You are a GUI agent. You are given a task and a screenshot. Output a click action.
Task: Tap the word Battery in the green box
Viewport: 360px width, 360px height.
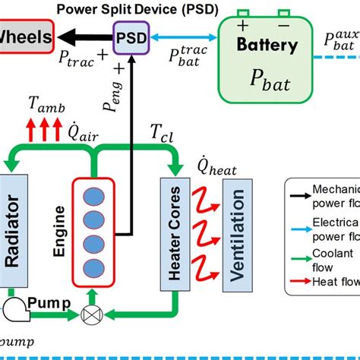pos(267,45)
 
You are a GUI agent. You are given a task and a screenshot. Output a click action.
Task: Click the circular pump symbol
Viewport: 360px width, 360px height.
pos(12,307)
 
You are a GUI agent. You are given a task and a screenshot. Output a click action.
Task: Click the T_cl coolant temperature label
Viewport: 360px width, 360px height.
pos(162,134)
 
